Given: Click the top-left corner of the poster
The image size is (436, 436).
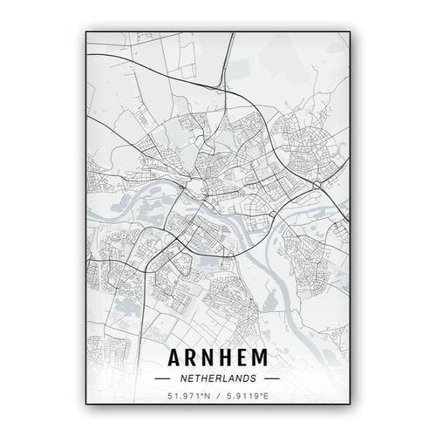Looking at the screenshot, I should tap(85, 30).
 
